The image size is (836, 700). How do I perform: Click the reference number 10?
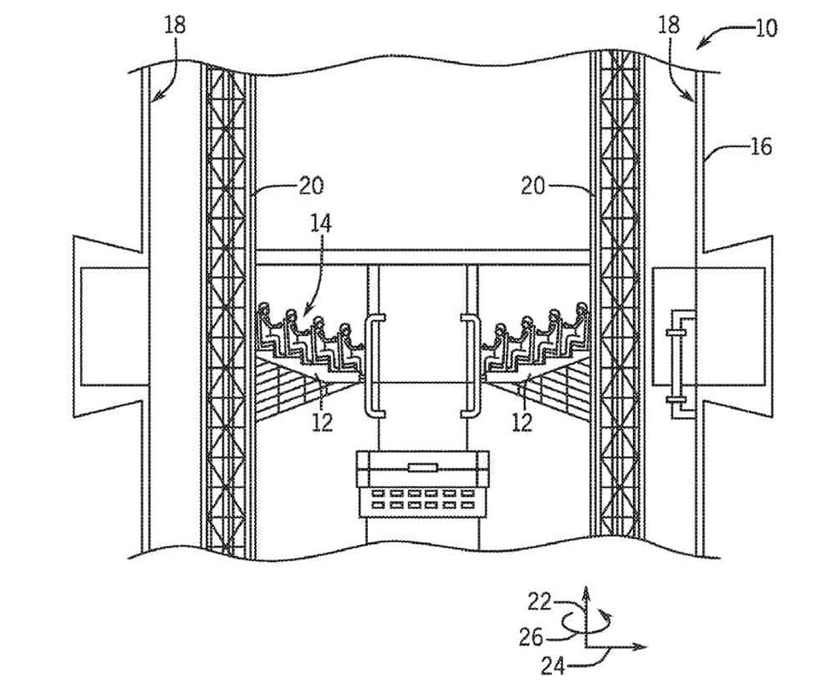pyautogui.click(x=766, y=27)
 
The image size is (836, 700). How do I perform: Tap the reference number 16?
pyautogui.click(x=760, y=147)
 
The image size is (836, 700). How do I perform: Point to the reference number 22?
pyautogui.click(x=539, y=602)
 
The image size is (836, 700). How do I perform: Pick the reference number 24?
pyautogui.click(x=553, y=666)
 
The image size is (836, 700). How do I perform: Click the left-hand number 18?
pyautogui.click(x=175, y=25)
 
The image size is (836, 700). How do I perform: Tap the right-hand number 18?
pyautogui.click(x=669, y=25)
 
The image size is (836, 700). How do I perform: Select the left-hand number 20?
pyautogui.click(x=312, y=184)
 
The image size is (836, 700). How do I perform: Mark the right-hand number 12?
pyautogui.click(x=521, y=421)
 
